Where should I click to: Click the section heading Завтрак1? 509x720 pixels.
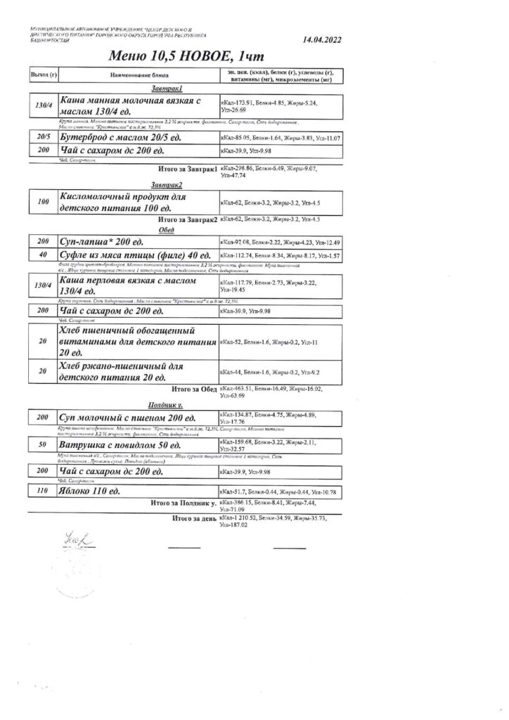pyautogui.click(x=167, y=89)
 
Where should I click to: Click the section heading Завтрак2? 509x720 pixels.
pyautogui.click(x=167, y=185)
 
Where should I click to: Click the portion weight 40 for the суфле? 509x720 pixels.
pyautogui.click(x=43, y=254)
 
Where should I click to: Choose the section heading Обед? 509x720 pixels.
pyautogui.click(x=167, y=230)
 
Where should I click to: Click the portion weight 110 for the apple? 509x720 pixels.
pyautogui.click(x=43, y=489)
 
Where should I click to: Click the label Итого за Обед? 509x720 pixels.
pyautogui.click(x=194, y=388)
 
